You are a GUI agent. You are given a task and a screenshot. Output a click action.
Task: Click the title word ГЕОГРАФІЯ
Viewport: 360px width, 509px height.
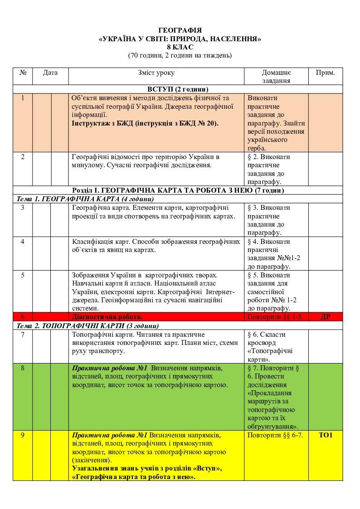180,30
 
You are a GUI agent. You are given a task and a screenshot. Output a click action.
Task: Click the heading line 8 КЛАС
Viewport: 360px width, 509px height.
180,47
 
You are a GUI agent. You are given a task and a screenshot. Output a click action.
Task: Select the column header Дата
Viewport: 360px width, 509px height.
50,73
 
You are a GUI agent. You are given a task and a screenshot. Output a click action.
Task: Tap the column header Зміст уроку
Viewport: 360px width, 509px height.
156,73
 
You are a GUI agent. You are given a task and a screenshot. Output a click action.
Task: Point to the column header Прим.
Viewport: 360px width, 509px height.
325,73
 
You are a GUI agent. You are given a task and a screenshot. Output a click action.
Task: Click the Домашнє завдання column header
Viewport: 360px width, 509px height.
276,77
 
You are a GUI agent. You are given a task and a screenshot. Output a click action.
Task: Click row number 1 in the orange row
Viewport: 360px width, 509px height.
23,98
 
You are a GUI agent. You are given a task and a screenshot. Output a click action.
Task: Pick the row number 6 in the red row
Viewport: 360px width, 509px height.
23,316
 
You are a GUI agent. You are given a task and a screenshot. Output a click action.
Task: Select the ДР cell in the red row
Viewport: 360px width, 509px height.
325,316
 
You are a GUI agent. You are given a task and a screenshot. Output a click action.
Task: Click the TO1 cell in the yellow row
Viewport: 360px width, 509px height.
325,435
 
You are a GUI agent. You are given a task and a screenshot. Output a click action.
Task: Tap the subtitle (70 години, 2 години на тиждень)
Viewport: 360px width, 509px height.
180,56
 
